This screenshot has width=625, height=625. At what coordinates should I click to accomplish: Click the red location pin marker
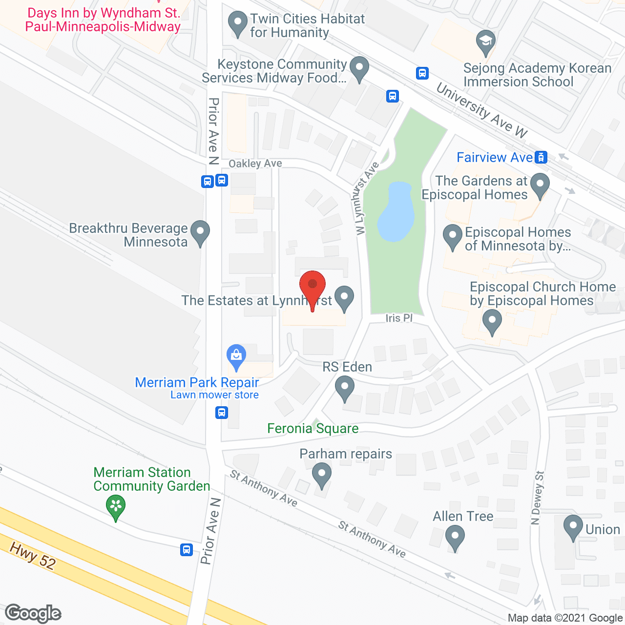pos(312,288)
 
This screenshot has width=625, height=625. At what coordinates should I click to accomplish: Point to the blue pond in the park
pos(396,212)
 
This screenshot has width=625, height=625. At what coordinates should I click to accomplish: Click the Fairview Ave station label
pos(495,157)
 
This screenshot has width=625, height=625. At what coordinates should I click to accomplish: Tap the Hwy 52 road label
pos(33,556)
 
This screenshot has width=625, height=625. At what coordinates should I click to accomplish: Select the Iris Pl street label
pos(399,318)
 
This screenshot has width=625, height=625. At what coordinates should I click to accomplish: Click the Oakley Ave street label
pos(255,164)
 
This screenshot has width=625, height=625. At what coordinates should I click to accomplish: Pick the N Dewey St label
pos(538,498)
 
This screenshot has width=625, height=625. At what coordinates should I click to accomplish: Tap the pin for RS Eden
pos(345,389)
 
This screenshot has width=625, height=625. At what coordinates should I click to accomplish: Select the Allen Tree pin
pos(455,537)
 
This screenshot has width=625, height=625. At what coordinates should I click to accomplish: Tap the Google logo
pos(33,613)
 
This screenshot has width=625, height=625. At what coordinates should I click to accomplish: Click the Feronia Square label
pos(312,429)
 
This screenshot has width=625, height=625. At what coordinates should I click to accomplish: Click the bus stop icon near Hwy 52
pos(186,550)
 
